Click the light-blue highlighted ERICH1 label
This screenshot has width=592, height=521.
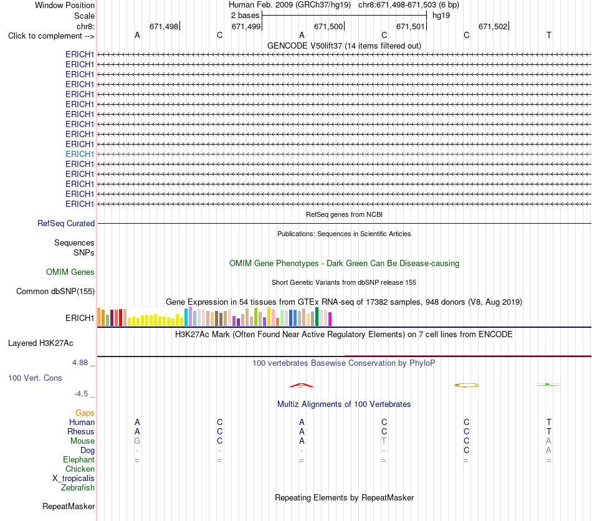point(79,154)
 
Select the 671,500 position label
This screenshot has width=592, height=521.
point(328,26)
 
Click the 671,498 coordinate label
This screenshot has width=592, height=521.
point(164,26)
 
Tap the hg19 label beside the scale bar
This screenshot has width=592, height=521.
point(441,16)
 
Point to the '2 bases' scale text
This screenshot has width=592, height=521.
point(246,16)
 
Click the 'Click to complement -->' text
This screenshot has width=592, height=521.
point(51,36)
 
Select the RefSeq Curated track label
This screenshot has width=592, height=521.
point(66,223)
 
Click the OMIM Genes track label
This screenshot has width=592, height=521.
point(70,272)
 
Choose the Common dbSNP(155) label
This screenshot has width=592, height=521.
point(55,291)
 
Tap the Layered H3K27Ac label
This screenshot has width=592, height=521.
point(41,343)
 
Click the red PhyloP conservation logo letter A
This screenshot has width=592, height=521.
point(301,385)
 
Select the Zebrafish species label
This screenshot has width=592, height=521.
point(78,487)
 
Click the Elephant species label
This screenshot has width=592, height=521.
point(79,459)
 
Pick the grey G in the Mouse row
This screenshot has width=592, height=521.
point(137,441)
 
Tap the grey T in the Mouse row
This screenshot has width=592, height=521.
point(384,441)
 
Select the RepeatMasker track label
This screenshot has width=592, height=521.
point(69,506)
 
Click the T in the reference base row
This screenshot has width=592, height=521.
point(549,35)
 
